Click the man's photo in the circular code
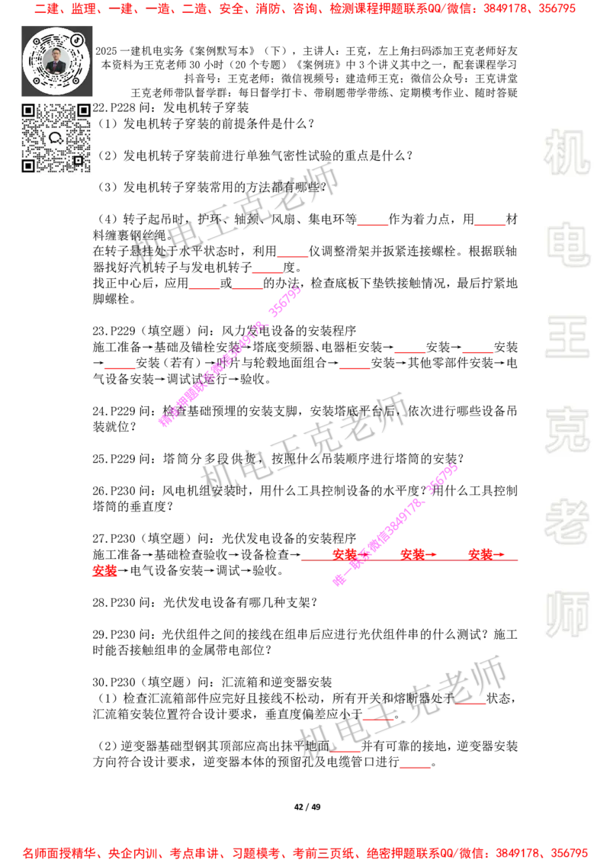(x=56, y=60)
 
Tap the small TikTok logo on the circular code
(x=77, y=39)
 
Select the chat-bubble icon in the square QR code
(x=56, y=138)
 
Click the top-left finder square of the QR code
(x=28, y=111)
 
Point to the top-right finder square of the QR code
(x=84, y=111)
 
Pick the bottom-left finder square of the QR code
(x=28, y=165)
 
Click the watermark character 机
(x=567, y=152)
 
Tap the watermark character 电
(x=570, y=244)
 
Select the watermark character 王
(x=567, y=338)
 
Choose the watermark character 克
(x=567, y=430)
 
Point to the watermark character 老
(x=567, y=521)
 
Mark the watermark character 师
(x=567, y=616)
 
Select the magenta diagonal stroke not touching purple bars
(x=229, y=357)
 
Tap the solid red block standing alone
(x=105, y=570)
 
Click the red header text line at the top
(x=305, y=9)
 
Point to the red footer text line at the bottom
(x=305, y=852)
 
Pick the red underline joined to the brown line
(x=490, y=226)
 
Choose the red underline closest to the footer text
(x=415, y=768)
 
